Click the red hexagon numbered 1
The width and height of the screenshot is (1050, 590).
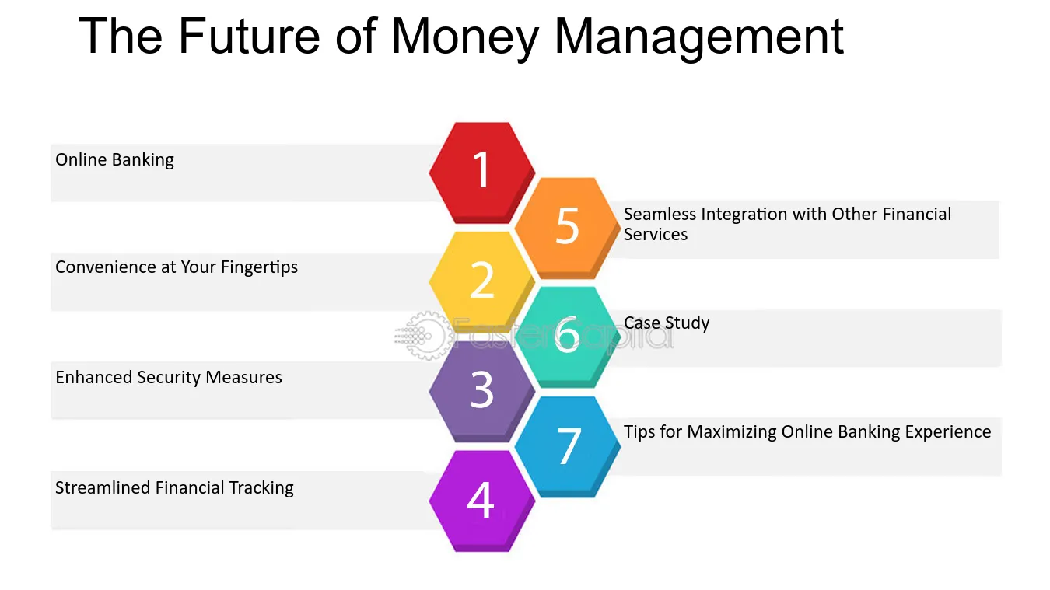pos(482,169)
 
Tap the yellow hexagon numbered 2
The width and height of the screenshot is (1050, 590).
pos(482,280)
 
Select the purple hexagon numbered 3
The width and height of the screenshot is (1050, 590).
pos(482,390)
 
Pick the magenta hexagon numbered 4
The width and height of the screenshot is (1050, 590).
pos(481,500)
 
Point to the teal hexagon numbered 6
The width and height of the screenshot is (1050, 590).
pos(568,335)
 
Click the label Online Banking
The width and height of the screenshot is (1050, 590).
pos(114,160)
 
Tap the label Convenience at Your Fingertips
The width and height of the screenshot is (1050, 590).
pos(177,267)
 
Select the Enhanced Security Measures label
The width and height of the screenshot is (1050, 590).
pos(169,378)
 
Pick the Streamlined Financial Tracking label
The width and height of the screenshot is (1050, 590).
pos(174,488)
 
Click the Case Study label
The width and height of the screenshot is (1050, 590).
pos(667,323)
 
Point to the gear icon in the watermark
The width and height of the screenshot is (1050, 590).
pos(425,336)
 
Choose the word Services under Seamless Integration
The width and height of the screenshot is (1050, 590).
pos(656,235)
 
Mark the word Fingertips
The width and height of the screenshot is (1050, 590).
pos(259,267)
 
